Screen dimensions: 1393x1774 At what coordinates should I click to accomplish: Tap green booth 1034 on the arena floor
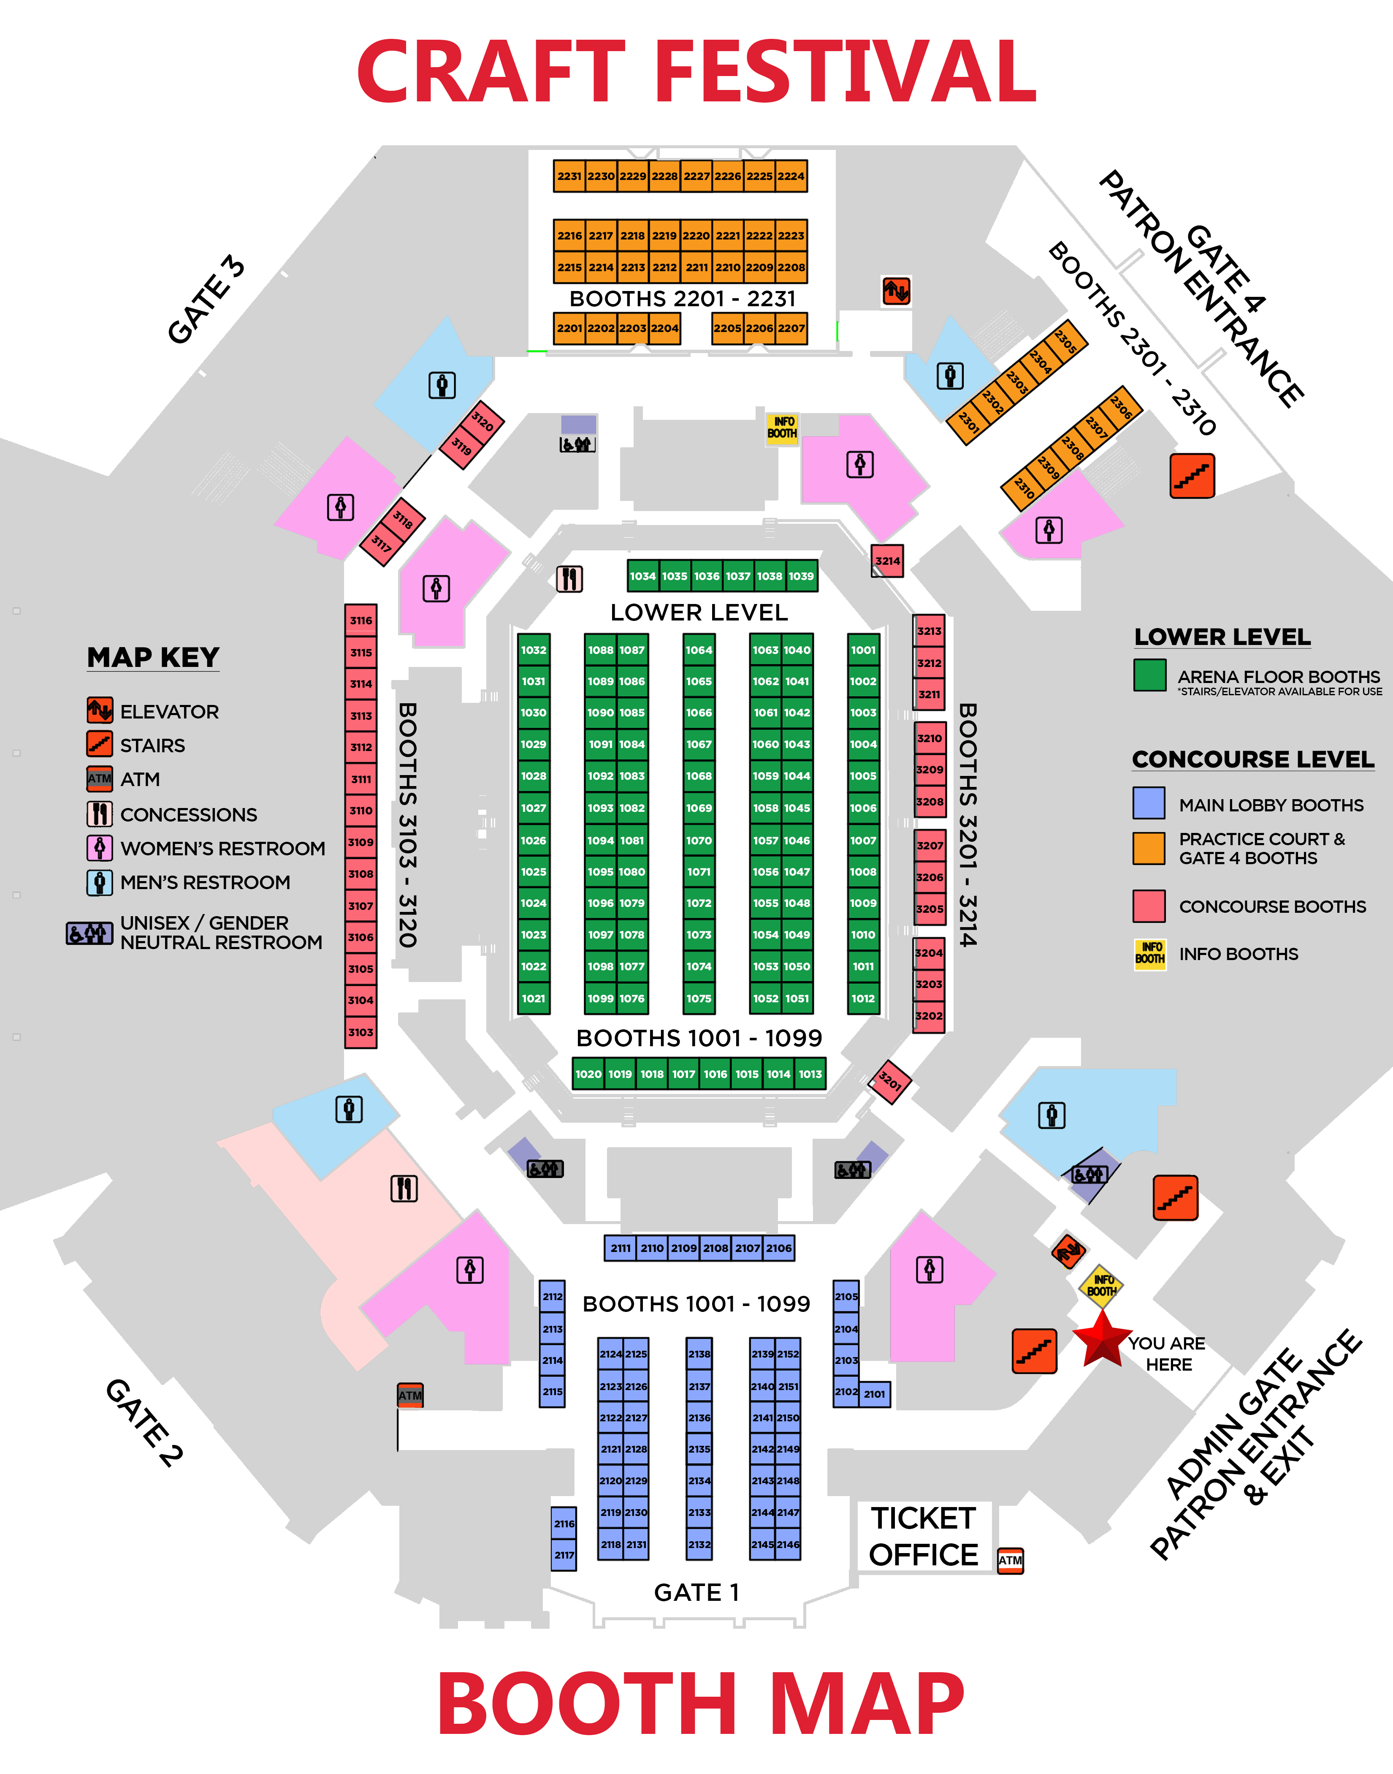coord(642,576)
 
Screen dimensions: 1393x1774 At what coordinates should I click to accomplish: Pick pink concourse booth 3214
coord(887,560)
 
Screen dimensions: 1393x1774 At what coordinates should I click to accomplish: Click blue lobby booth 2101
coord(874,1394)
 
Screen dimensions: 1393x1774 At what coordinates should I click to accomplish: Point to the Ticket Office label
coord(923,1537)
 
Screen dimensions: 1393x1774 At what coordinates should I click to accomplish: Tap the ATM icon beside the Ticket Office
coord(1011,1560)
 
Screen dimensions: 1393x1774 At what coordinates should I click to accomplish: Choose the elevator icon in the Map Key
coord(100,710)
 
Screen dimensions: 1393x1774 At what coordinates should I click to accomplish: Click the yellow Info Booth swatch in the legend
coord(1150,953)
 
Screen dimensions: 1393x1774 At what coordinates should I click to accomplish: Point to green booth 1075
coord(699,998)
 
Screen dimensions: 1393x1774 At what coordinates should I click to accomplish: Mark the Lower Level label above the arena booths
coord(699,612)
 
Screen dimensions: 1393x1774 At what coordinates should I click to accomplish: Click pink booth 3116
coord(360,620)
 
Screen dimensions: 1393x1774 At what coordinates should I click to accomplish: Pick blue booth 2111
coord(621,1248)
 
